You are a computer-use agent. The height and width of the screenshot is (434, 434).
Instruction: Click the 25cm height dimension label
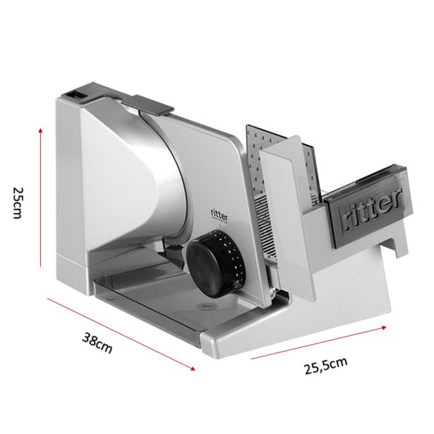tap(17, 203)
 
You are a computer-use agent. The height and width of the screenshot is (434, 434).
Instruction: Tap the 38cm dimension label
tap(97, 343)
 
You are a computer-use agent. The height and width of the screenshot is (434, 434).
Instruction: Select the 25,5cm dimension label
tap(326, 366)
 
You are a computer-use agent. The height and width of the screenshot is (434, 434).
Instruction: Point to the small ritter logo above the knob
tap(219, 215)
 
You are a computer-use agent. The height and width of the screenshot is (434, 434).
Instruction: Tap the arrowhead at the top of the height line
tap(41, 131)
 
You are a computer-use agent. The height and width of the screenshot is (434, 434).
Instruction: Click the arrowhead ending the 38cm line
tap(193, 368)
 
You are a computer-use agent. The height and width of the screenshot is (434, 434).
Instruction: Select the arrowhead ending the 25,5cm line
tap(384, 327)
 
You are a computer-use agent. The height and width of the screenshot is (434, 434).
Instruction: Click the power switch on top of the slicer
tap(78, 95)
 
